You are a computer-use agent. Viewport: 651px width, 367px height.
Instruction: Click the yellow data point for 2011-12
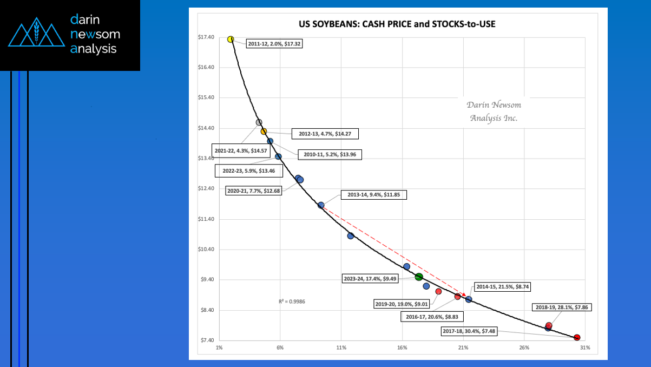(231, 40)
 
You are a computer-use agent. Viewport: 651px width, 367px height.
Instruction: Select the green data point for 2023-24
(418, 277)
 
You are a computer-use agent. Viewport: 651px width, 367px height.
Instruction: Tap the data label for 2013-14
(372, 195)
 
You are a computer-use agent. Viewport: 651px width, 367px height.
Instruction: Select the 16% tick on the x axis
(402, 347)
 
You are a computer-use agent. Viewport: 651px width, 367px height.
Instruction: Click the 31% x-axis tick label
(584, 347)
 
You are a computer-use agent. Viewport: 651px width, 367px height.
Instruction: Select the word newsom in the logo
(95, 35)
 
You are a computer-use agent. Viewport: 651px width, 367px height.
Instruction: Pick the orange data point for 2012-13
(264, 131)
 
